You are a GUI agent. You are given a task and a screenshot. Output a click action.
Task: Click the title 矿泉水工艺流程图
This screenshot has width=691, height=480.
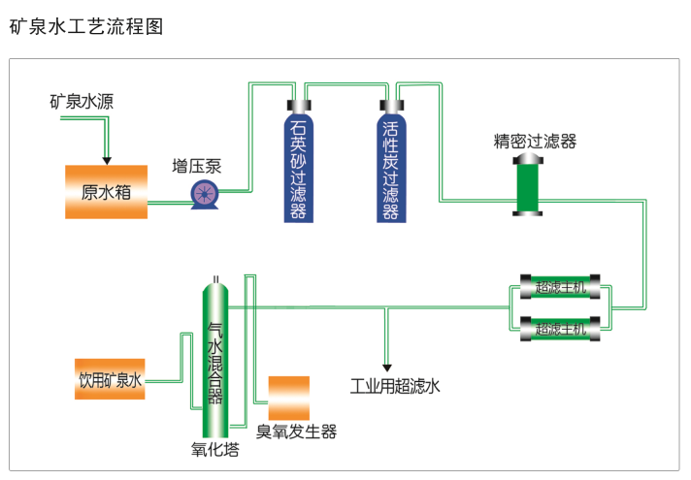86,26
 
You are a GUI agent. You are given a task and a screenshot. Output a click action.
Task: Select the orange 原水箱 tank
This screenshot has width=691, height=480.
106,191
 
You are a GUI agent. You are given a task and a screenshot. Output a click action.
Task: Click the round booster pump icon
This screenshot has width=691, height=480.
205,194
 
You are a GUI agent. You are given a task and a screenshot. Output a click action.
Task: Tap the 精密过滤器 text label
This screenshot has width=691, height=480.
535,142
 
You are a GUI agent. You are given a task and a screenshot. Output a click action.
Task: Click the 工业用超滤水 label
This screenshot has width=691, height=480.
395,387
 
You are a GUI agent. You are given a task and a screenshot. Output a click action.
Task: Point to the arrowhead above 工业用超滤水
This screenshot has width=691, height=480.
387,366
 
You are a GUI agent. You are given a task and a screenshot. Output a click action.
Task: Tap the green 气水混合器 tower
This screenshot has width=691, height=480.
216,359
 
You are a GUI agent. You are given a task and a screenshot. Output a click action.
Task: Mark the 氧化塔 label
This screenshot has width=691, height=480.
214,449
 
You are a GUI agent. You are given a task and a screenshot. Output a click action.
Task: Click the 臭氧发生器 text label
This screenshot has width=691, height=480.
296,432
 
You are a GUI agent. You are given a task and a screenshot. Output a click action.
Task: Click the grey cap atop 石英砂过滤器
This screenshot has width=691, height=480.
298,106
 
